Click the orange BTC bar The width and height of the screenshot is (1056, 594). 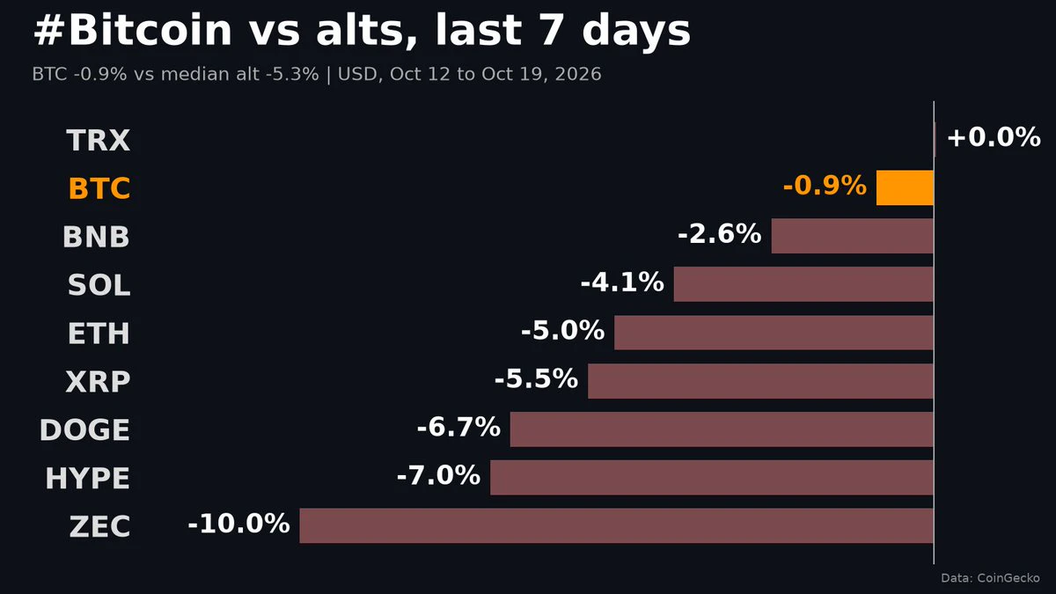905,187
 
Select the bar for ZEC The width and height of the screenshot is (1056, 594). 616,525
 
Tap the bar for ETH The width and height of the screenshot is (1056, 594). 774,333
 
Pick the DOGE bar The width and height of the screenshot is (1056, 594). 722,429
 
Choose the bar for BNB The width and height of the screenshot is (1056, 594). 853,236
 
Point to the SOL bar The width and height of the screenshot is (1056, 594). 803,284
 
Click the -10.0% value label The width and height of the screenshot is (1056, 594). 239,524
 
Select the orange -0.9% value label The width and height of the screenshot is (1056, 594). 825,186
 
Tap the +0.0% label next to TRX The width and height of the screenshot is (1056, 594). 994,137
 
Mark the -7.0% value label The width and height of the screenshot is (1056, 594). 439,475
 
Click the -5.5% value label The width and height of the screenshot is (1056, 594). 537,378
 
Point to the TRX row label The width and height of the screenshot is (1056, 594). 98,140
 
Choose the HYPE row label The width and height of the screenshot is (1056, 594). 88,478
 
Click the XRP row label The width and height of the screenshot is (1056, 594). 98,381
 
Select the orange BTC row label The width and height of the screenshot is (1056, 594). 99,188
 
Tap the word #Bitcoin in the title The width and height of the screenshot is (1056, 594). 133,30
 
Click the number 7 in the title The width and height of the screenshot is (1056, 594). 550,30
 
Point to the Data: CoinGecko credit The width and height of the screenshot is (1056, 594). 990,578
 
